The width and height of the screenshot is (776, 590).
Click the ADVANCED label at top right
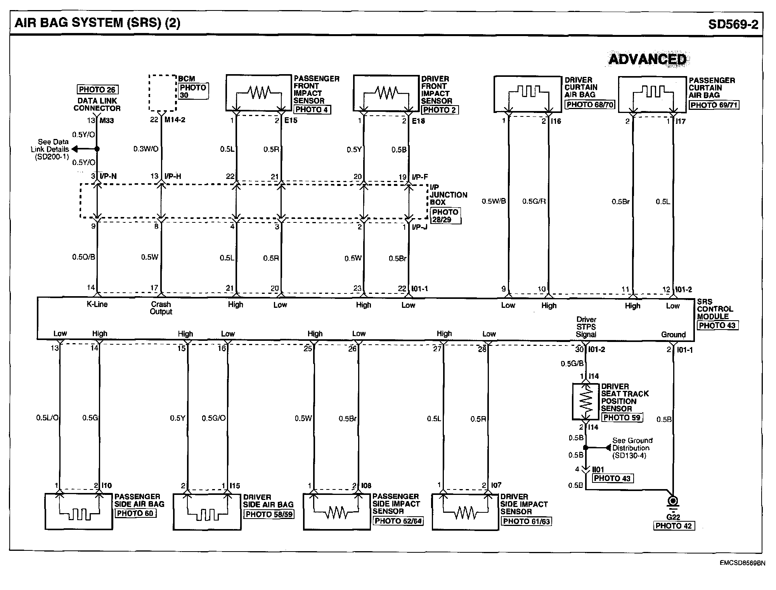[x=647, y=59]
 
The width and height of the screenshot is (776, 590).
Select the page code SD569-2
[x=733, y=24]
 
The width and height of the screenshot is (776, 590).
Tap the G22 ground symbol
[x=673, y=502]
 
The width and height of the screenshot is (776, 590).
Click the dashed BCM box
[x=163, y=93]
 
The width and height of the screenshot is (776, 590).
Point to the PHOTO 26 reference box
[x=97, y=90]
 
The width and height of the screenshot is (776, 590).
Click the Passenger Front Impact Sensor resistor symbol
[x=259, y=93]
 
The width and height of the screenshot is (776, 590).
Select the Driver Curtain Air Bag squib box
[x=528, y=94]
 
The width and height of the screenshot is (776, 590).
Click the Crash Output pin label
[x=161, y=308]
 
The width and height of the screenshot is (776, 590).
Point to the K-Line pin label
[x=97, y=304]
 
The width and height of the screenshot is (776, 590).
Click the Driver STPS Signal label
[x=586, y=327]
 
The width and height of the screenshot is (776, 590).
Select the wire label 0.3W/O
[x=146, y=149]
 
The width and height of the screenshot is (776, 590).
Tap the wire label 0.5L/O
[x=47, y=418]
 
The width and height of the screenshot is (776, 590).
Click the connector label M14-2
[x=175, y=120]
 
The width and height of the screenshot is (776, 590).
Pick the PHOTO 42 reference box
[x=673, y=526]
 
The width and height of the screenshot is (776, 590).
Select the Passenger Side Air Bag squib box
[x=79, y=512]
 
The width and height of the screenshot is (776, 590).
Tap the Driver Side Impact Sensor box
[x=465, y=512]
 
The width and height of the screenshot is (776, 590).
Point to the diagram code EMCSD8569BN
[x=742, y=563]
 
